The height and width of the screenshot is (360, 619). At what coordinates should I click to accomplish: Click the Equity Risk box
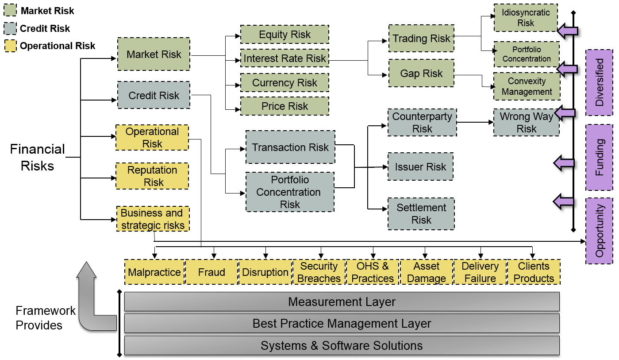tap(285, 35)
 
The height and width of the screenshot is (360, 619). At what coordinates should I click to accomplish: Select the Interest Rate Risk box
tap(285, 58)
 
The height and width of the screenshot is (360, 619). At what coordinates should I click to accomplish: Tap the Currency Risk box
tap(285, 83)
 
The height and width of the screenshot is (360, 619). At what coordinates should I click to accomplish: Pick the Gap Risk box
tap(421, 74)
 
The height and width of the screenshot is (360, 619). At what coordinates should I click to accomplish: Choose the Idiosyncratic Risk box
tap(526, 18)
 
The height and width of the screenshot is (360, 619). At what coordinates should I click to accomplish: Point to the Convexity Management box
tap(527, 86)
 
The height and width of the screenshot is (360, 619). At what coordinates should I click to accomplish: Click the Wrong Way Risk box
tap(526, 123)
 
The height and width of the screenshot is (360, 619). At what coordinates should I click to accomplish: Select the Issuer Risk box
tap(420, 167)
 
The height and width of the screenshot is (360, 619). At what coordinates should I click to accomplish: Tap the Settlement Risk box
tap(421, 214)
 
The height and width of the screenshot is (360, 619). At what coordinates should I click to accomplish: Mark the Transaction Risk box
tap(290, 147)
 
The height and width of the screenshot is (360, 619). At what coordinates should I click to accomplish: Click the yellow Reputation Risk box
tap(152, 176)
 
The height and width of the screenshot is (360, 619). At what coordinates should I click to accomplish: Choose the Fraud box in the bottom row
tap(211, 272)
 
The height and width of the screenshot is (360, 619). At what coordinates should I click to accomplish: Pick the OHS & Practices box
tap(373, 272)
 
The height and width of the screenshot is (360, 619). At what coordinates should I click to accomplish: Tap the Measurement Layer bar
tap(342, 302)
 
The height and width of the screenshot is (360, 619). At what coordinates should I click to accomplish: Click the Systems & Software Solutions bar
tap(342, 345)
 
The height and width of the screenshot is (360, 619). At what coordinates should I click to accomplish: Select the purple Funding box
tap(599, 157)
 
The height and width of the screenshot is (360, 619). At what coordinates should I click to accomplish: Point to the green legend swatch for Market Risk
tap(10, 11)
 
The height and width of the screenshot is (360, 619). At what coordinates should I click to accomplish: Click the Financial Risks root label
tap(38, 157)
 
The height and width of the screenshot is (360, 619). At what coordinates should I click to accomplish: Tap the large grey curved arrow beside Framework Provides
tap(91, 301)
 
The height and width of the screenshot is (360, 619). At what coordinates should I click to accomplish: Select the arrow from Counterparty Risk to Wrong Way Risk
tap(475, 122)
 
